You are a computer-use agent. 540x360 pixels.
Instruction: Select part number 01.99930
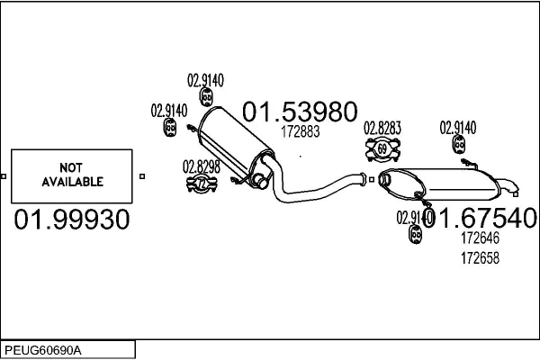coord(72,219)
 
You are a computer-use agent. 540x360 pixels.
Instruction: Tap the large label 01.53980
coord(293,112)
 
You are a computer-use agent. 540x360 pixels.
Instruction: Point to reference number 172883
coord(300,131)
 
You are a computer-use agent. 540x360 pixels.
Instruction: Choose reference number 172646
coord(480,238)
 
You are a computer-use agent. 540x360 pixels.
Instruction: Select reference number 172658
coord(480,256)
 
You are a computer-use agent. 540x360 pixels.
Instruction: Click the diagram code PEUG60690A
coord(43,348)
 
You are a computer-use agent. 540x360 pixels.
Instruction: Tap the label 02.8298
coord(201,166)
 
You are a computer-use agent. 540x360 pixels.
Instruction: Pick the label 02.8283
coord(382,128)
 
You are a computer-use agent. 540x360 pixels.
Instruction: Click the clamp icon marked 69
coord(382,147)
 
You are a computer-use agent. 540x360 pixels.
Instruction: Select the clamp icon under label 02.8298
coord(201,184)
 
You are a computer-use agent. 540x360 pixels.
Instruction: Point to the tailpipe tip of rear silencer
coord(511,189)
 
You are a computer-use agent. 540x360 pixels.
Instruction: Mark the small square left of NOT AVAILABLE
coord(5,175)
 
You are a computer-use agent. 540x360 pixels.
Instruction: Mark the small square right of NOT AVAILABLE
coord(141,175)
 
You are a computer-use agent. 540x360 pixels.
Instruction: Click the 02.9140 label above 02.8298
coord(169,111)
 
